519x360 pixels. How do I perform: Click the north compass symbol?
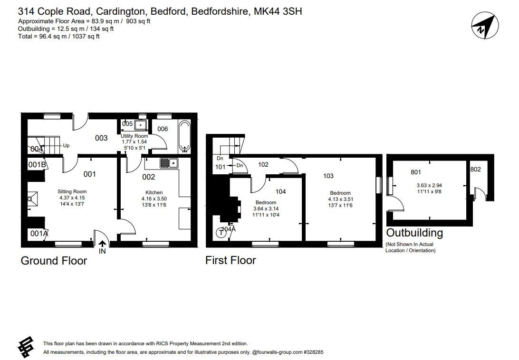tap(485, 26)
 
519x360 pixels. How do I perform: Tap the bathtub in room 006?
tap(184, 136)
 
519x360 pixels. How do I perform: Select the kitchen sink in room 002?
tap(169, 163)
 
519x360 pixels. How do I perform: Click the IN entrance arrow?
tap(103, 244)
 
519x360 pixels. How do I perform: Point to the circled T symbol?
tap(221, 233)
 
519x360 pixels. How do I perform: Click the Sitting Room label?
tap(72, 191)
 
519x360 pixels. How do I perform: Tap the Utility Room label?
tap(134, 136)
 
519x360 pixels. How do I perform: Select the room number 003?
tap(101, 138)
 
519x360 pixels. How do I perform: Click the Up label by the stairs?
tap(66, 146)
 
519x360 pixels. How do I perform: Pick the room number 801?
tap(416, 172)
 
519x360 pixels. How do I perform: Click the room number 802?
tap(475, 169)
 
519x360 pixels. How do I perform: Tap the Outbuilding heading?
tap(414, 233)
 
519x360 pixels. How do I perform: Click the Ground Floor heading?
tap(54, 260)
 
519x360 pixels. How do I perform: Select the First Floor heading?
tap(231, 260)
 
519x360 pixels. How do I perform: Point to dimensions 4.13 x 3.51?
tap(341, 199)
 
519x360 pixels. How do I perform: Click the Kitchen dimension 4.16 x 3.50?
tap(154, 199)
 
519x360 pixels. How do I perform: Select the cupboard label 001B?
tap(37, 164)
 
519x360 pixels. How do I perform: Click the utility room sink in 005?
tap(141, 124)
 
